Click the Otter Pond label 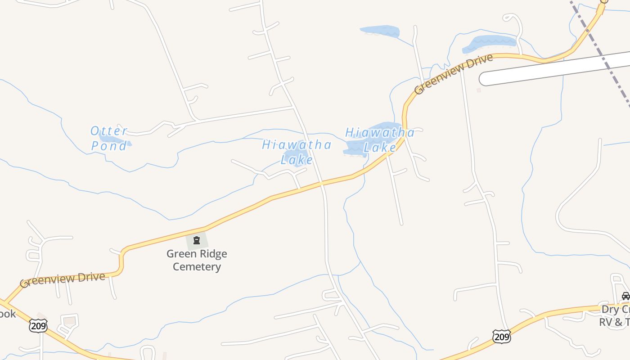109,138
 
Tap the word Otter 109,131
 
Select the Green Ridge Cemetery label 197,260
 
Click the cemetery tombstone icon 197,240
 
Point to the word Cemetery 197,266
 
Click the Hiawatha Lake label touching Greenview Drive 380,139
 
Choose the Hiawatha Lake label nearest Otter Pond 297,152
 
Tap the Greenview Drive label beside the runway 453,74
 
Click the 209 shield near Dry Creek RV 501,336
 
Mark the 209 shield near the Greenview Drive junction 38,326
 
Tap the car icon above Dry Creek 625,296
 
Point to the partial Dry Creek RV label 615,315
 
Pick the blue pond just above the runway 490,43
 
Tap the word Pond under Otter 109,146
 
